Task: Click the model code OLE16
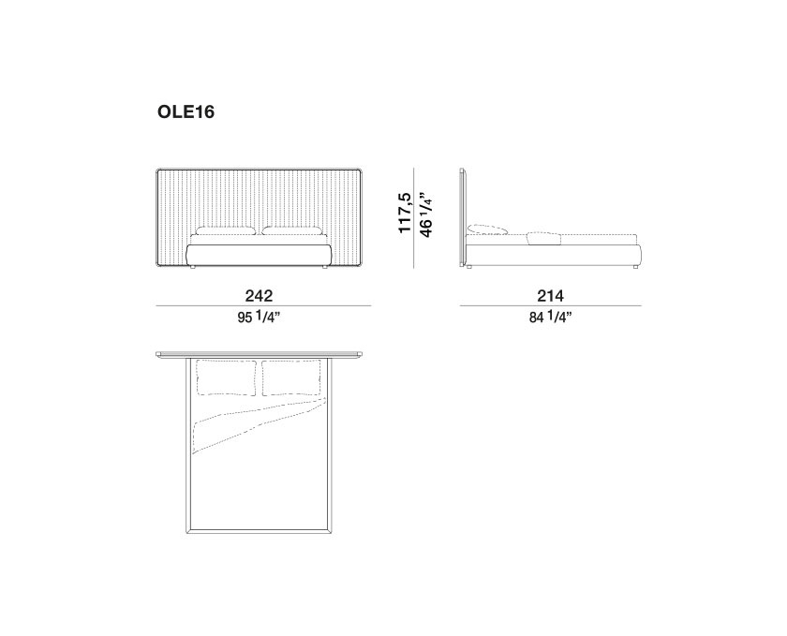[186, 111]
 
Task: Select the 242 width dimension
[260, 296]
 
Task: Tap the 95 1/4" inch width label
[259, 318]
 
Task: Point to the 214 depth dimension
[551, 296]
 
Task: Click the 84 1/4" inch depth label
[551, 318]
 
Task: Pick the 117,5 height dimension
[405, 213]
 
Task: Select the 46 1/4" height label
[424, 214]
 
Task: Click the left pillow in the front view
[226, 231]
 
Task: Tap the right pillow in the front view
[291, 231]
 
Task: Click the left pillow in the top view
[226, 377]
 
